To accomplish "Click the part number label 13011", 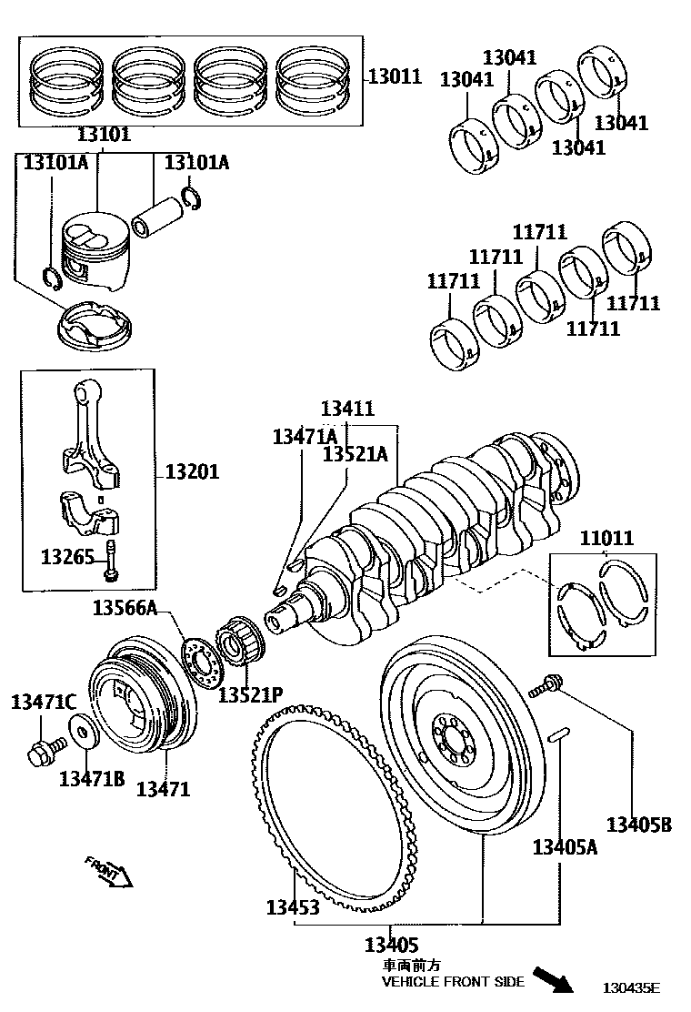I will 395,76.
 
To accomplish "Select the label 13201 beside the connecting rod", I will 192,473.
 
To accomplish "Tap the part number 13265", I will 67,555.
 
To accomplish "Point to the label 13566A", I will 124,608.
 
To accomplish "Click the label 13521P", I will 250,694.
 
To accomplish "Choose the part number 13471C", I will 43,702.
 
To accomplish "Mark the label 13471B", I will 91,778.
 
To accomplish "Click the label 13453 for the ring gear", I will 293,907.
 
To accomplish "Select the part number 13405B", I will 639,825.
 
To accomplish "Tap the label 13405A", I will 565,848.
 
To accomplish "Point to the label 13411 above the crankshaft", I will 347,410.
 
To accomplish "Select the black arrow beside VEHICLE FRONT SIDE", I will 552,979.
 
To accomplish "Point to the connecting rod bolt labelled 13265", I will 111,560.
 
